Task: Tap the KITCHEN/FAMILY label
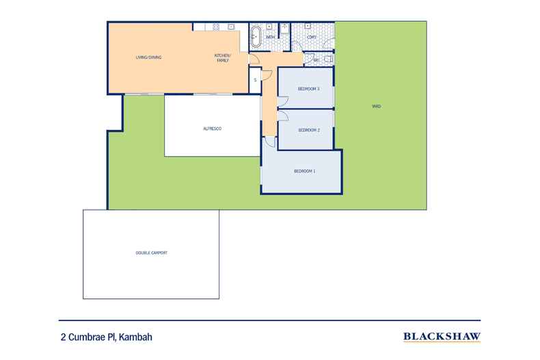point(223,58)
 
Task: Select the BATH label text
point(270,36)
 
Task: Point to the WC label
point(316,60)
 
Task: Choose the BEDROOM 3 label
point(309,89)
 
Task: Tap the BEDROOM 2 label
point(309,130)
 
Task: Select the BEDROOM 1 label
point(304,171)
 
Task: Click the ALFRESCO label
point(213,128)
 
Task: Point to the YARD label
point(376,107)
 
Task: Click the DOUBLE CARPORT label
point(151,253)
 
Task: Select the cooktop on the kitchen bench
point(215,27)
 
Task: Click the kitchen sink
point(232,27)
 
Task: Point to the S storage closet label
point(255,80)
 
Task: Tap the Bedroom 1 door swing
point(270,141)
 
